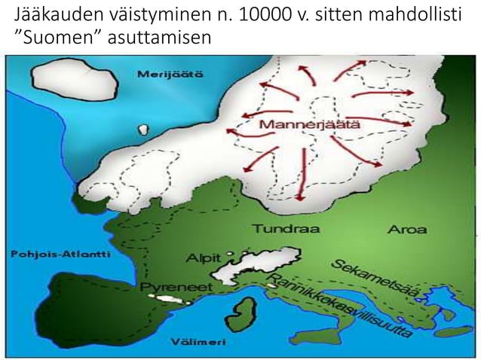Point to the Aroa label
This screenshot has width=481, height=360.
[x=406, y=229]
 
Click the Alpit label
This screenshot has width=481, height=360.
[x=204, y=256]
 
